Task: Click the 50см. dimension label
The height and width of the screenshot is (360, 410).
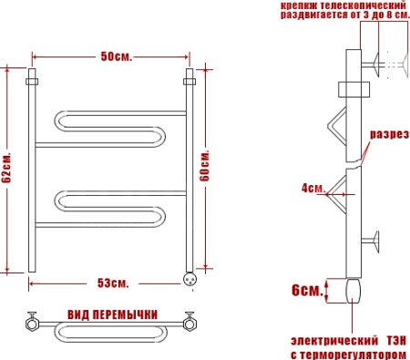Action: (116, 57)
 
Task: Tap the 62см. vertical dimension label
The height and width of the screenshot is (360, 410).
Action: (7, 169)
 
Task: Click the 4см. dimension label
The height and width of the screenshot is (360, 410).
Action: (313, 189)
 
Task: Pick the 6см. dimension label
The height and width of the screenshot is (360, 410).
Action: (305, 291)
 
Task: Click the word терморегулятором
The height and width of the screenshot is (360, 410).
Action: (357, 353)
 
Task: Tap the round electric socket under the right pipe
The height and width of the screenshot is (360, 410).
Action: (190, 278)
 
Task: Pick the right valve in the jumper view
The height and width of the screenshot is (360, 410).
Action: (190, 321)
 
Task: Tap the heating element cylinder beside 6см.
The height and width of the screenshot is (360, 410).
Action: (354, 291)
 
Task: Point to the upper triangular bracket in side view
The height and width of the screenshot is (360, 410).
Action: (338, 128)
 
